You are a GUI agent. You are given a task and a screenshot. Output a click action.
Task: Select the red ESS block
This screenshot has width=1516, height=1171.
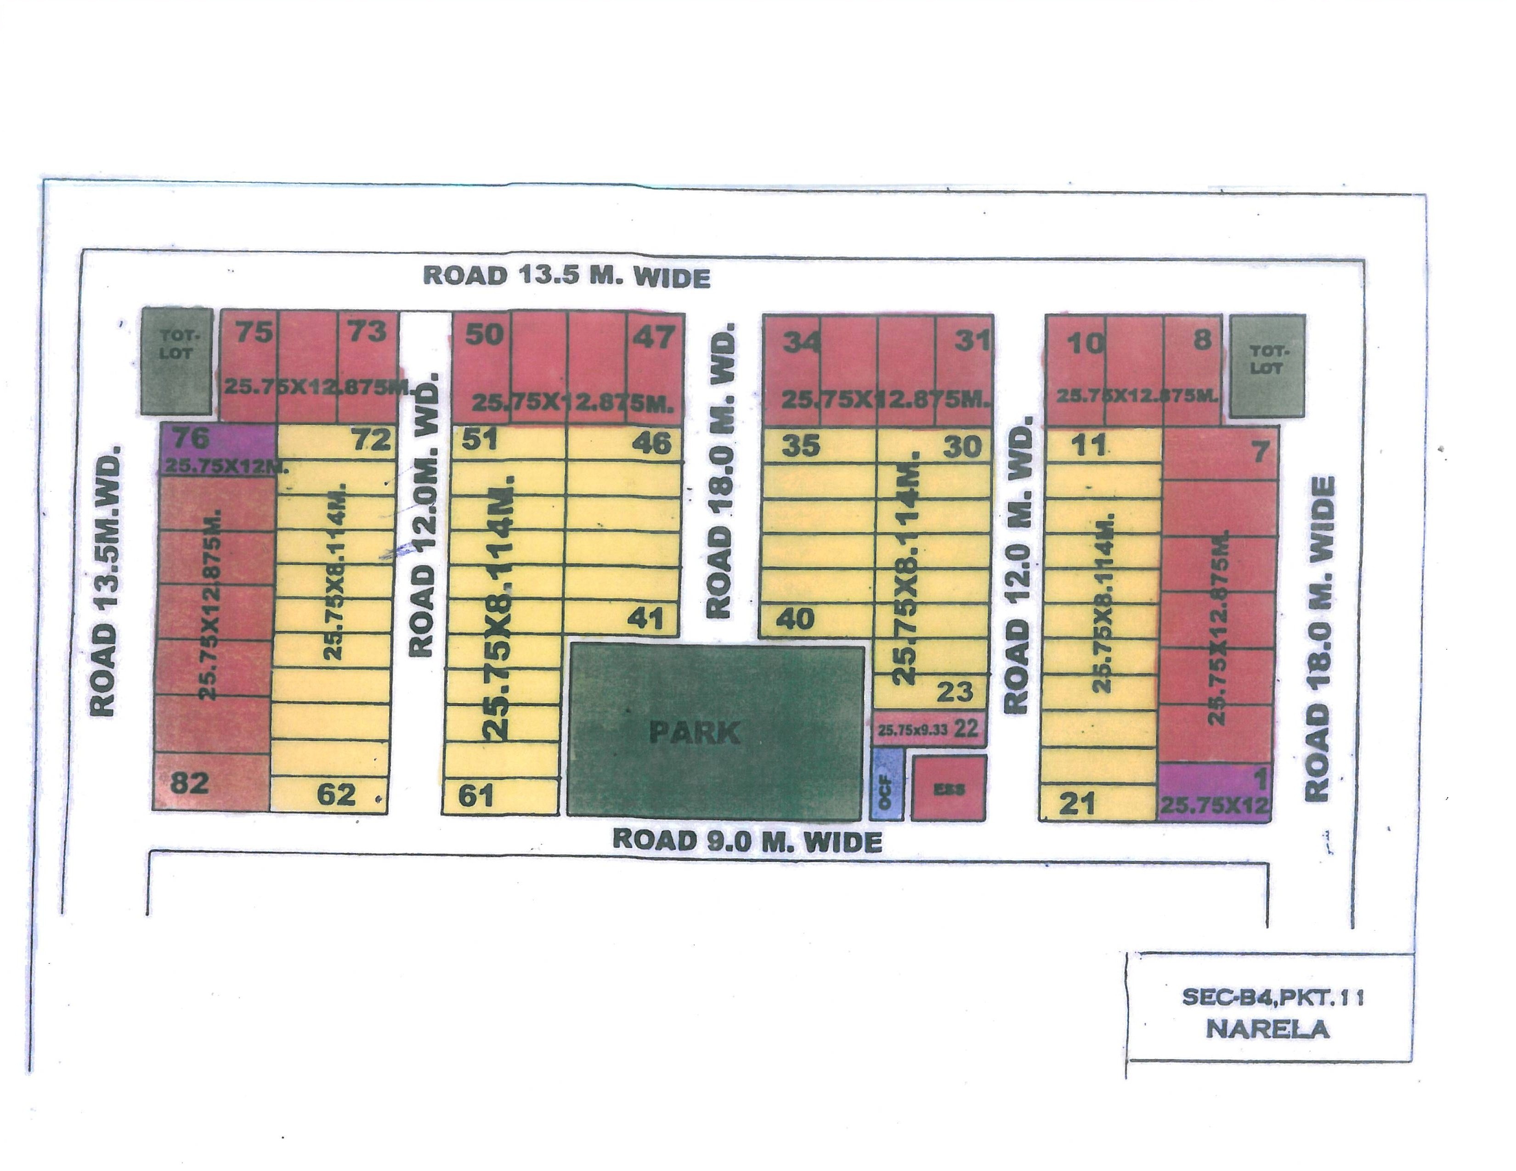(x=948, y=788)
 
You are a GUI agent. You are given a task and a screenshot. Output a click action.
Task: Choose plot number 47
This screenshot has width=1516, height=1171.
(x=653, y=337)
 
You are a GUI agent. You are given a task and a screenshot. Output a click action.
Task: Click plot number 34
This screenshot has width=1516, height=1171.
(x=802, y=342)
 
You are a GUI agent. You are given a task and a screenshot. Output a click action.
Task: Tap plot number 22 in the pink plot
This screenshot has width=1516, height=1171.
(x=966, y=728)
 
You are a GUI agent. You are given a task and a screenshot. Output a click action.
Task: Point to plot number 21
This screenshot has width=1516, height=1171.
(x=1077, y=803)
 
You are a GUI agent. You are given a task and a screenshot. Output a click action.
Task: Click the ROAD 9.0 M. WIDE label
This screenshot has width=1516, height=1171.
(x=747, y=841)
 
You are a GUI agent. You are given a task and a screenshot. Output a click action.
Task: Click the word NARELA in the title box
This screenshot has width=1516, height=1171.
(x=1267, y=1029)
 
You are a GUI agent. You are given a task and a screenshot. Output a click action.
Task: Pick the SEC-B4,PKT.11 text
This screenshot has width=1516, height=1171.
(x=1273, y=997)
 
